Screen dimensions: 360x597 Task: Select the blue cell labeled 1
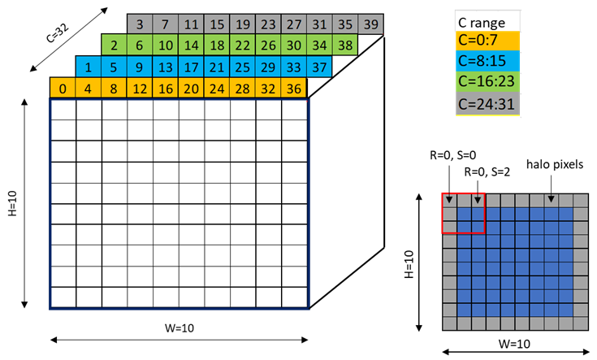[x=89, y=67]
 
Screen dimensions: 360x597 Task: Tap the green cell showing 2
[x=115, y=45]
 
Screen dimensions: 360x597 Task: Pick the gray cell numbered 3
[x=140, y=24]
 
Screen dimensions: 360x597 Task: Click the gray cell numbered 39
[x=371, y=24]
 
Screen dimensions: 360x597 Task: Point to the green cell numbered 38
[x=345, y=45]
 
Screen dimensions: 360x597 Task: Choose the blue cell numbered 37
[x=320, y=67]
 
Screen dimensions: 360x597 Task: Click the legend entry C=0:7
[x=487, y=41]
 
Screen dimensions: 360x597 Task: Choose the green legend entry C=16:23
[x=487, y=82]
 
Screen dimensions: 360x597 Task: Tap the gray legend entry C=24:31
[x=487, y=103]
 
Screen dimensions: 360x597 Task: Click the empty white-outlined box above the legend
[x=487, y=20]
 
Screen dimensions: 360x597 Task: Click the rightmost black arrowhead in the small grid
[x=551, y=199]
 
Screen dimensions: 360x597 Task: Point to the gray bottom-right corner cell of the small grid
[x=580, y=323]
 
